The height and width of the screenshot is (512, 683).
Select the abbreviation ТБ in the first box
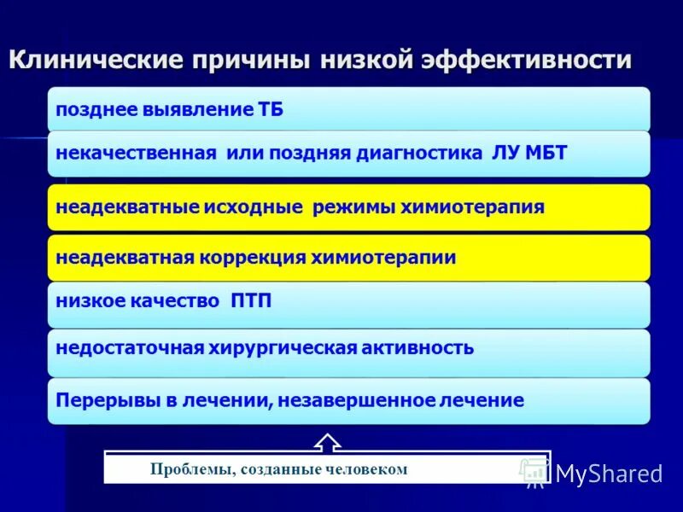[x=271, y=110]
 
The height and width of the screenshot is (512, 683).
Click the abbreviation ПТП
[x=251, y=300]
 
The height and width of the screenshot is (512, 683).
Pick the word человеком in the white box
[x=368, y=468]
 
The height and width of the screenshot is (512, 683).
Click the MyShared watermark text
[x=609, y=474]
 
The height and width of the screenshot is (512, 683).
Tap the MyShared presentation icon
[x=535, y=471]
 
